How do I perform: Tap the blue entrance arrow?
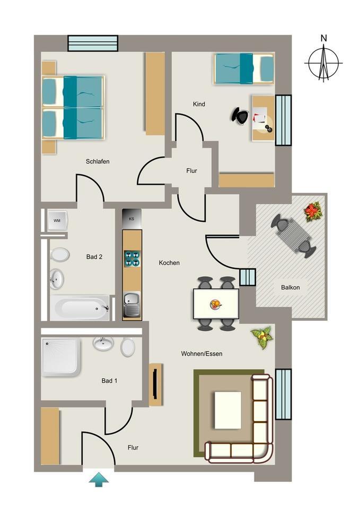pos(99,480)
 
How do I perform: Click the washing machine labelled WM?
pos(57,220)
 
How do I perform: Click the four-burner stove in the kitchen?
pos(132,258)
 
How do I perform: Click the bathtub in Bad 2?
pos(80,307)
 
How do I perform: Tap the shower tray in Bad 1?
pos(61,356)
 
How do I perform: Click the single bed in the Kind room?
pos(243,69)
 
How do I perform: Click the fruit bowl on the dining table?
pos(216,304)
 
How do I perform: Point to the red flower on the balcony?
pos(313,211)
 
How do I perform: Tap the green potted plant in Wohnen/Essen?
pos(262,337)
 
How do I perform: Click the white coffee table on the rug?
pos(227,410)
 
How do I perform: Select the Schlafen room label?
pos(98,161)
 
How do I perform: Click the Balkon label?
pos(290,287)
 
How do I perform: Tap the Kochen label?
pos(169,262)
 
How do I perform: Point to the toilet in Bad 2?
pos(60,255)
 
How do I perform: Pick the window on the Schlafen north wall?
pos(93,43)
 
